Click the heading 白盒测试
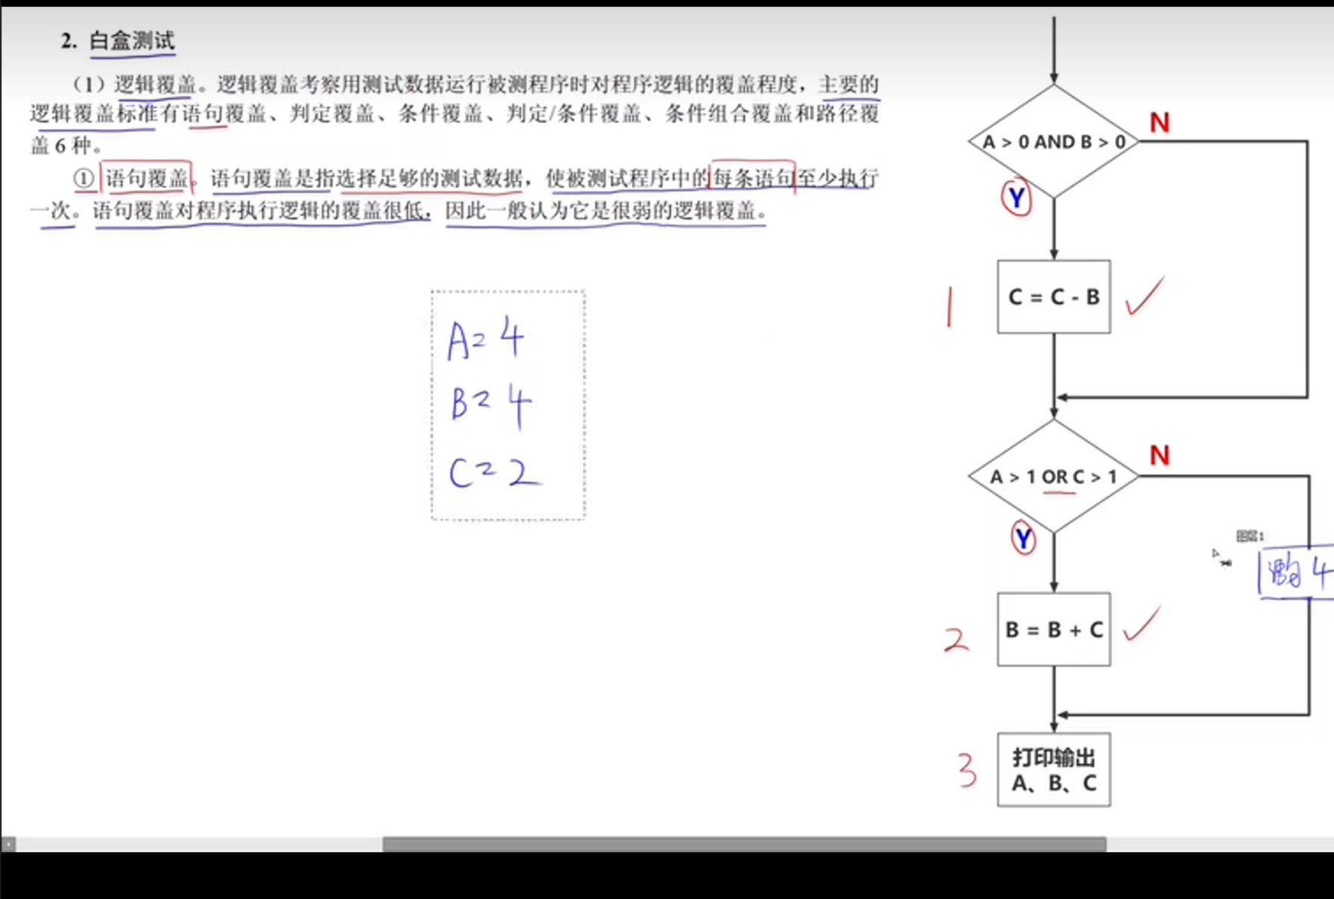pyautogui.click(x=132, y=41)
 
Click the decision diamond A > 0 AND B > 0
pyautogui.click(x=1054, y=142)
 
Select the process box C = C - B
pyautogui.click(x=1054, y=297)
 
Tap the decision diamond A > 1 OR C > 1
pyautogui.click(x=1054, y=477)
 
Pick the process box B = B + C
pyautogui.click(x=1054, y=630)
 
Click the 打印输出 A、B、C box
pyautogui.click(x=1054, y=770)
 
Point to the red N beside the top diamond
pyautogui.click(x=1160, y=123)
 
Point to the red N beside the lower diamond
pyautogui.click(x=1160, y=455)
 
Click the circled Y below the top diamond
pyautogui.click(x=1016, y=198)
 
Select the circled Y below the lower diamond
pyautogui.click(x=1023, y=538)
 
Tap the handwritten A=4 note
pyautogui.click(x=485, y=340)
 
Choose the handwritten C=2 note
pyautogui.click(x=494, y=473)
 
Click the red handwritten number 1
pyautogui.click(x=949, y=306)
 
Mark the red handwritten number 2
pyautogui.click(x=956, y=640)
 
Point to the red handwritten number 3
pyautogui.click(x=967, y=771)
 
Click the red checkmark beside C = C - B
pyautogui.click(x=1145, y=297)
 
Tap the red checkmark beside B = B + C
pyautogui.click(x=1141, y=624)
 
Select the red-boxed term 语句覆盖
pyautogui.click(x=146, y=179)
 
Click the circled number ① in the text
pyautogui.click(x=84, y=179)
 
